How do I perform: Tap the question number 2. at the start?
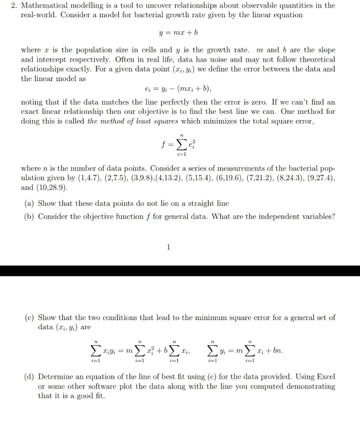(14, 5)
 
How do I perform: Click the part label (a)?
(29, 203)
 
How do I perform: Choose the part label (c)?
(29, 317)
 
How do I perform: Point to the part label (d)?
(29, 377)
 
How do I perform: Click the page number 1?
(168, 247)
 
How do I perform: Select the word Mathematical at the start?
(44, 5)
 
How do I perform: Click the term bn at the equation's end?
(278, 350)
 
